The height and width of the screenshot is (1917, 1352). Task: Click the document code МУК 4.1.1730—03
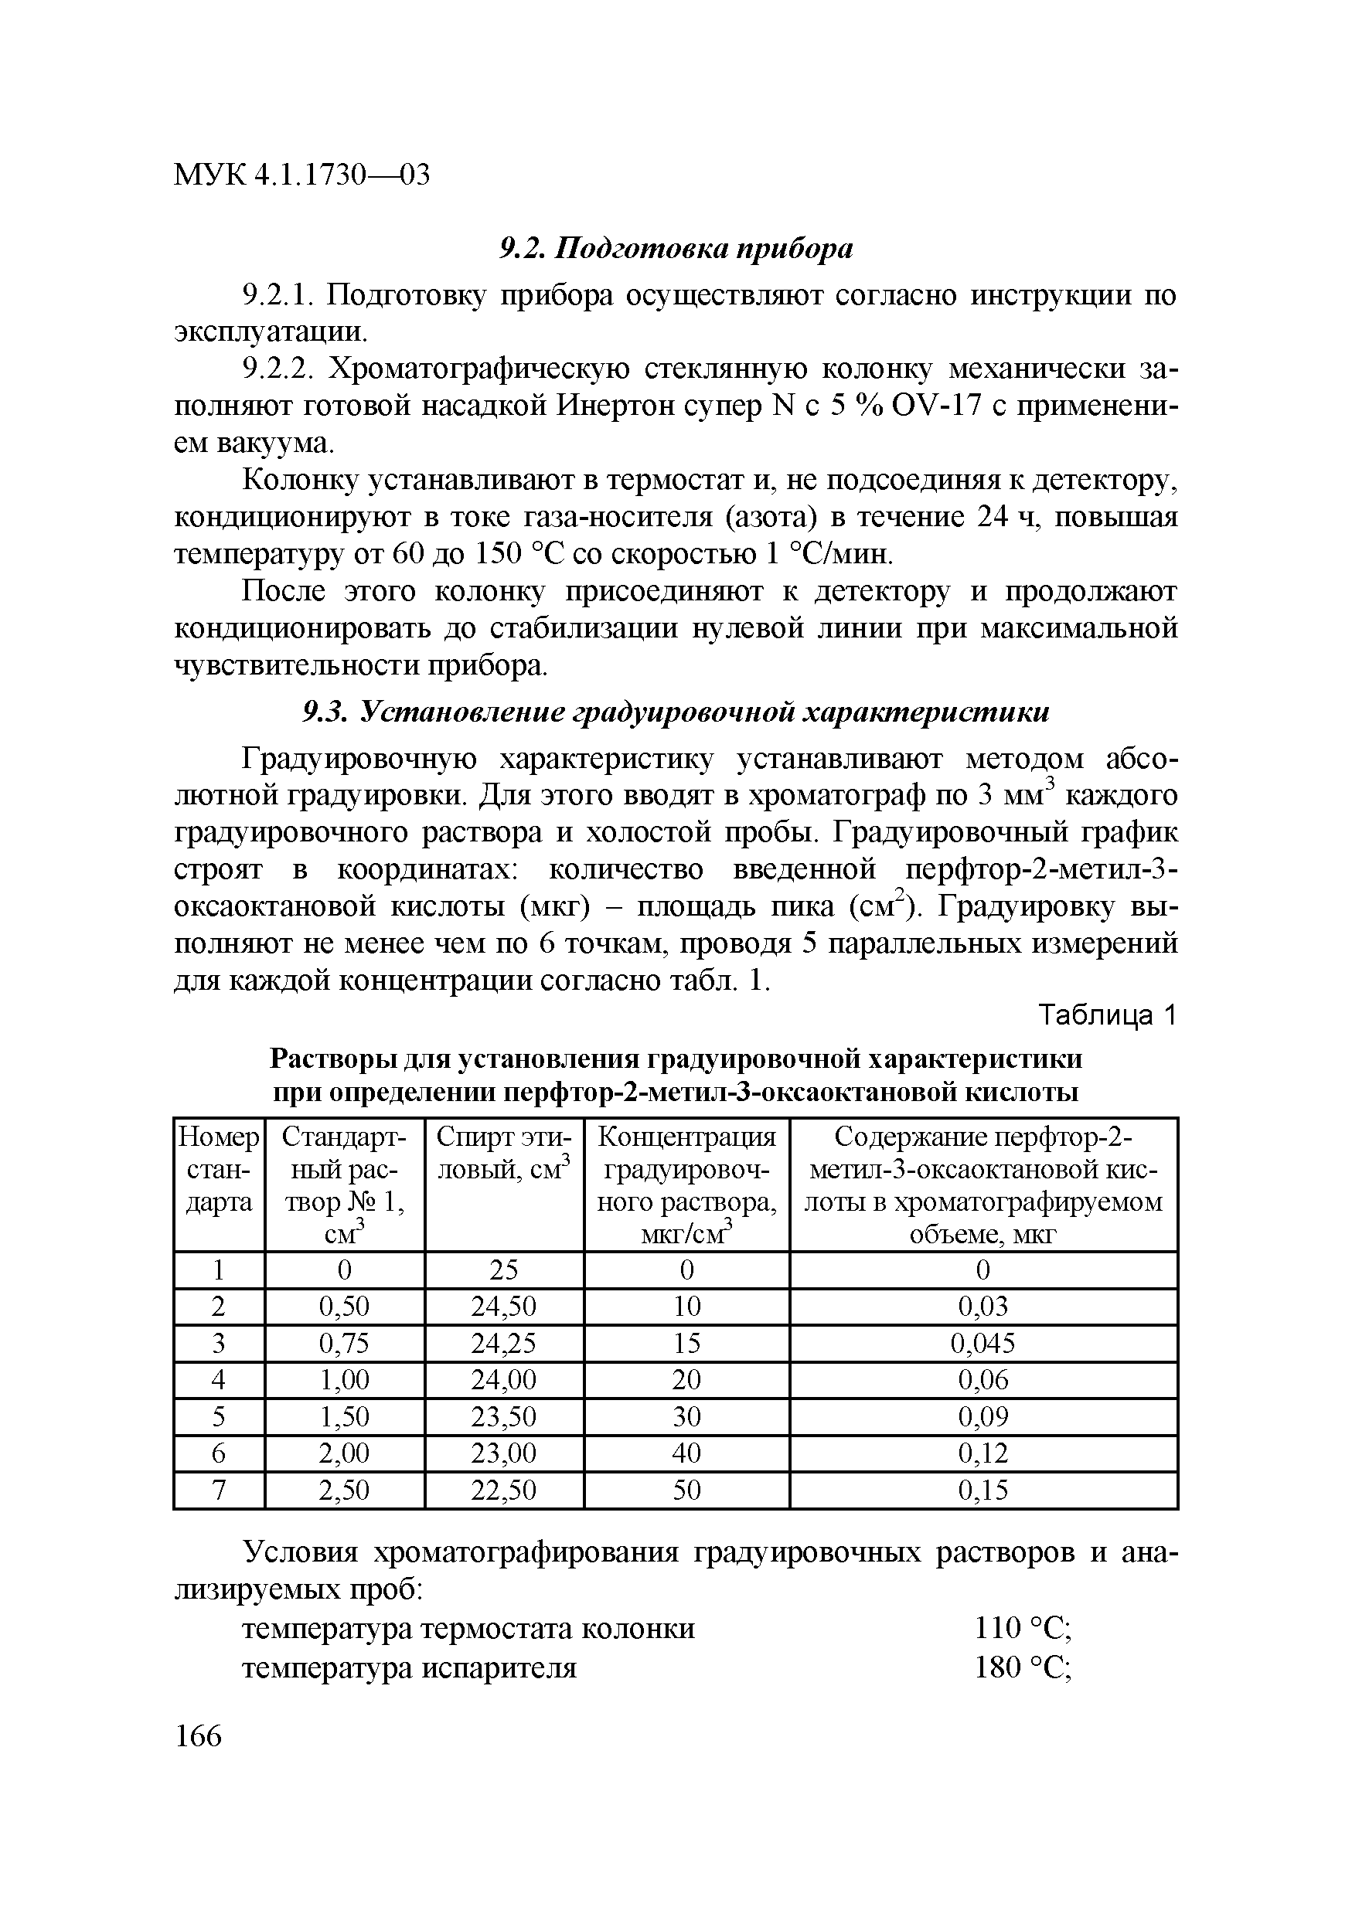pos(301,175)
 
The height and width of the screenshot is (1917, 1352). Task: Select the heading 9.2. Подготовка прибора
pos(676,248)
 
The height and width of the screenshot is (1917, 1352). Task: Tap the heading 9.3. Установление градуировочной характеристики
pos(675,712)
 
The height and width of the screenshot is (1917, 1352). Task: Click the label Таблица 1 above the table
pos(1106,1015)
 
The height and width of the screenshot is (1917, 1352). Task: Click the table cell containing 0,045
pos(983,1344)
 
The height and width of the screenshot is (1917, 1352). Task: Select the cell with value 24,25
pos(503,1344)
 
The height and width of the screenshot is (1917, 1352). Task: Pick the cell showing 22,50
pos(503,1490)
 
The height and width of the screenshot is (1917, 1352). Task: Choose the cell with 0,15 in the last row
pos(983,1490)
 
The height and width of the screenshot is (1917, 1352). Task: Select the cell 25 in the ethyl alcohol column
pos(503,1270)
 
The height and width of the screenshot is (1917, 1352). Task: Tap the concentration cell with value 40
pos(686,1453)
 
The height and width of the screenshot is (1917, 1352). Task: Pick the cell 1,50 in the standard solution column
pos(344,1417)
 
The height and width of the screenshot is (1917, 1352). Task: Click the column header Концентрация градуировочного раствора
pos(686,1185)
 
